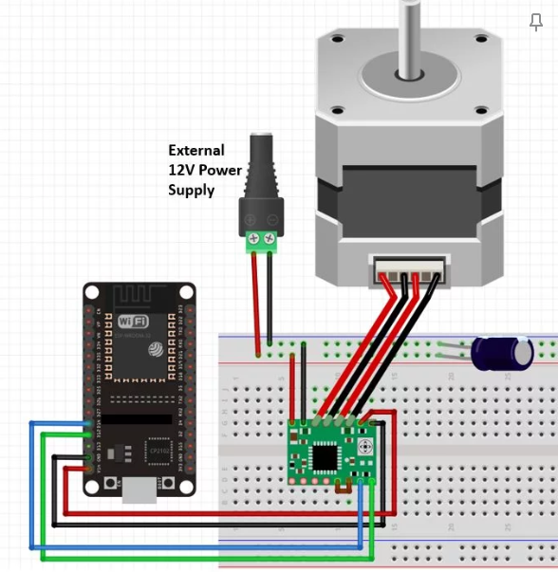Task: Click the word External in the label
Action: click(196, 150)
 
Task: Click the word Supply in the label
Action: click(191, 190)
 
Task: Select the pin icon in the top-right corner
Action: click(536, 23)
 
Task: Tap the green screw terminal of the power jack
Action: click(262, 241)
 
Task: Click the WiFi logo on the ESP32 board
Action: click(133, 322)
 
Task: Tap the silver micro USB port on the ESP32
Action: click(139, 488)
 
